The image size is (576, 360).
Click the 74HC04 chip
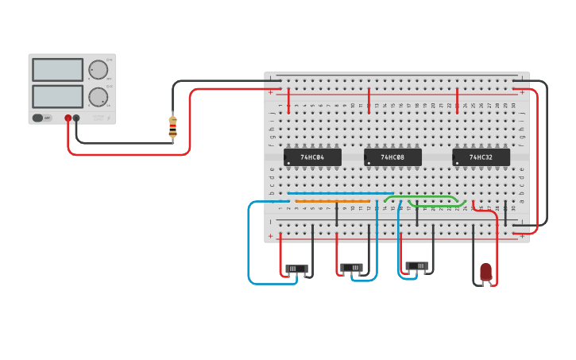coord(312,157)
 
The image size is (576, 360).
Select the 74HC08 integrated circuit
coord(392,157)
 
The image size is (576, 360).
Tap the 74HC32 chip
coord(481,157)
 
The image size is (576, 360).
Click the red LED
coord(485,272)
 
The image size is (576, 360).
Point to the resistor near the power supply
coord(172,126)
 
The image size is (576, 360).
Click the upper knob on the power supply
coord(98,70)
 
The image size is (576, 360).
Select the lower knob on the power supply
coord(98,97)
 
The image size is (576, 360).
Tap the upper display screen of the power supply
coord(57,70)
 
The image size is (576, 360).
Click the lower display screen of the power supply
coord(57,97)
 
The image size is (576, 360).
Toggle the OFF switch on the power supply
coord(38,118)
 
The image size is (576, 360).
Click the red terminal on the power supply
coord(68,118)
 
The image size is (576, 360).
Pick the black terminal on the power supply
coord(76,118)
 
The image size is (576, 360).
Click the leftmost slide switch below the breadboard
coord(296,269)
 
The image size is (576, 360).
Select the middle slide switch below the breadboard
coord(351,268)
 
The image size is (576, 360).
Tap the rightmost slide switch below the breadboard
coord(417,265)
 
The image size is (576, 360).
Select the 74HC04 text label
coord(312,157)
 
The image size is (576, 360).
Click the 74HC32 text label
coord(481,157)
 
